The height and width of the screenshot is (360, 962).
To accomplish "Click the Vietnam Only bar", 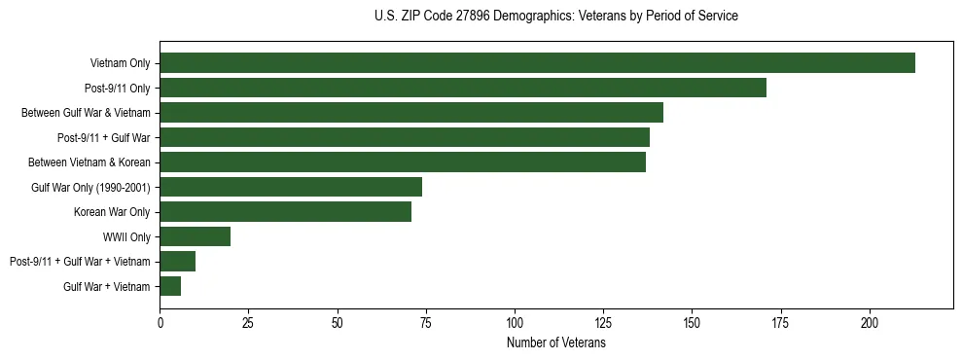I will click(537, 63).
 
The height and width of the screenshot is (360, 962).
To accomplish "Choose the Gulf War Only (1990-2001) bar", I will click(291, 187).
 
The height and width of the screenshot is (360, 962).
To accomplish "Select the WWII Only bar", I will click(196, 236).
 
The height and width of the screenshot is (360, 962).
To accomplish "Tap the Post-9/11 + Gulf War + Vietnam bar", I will click(178, 261).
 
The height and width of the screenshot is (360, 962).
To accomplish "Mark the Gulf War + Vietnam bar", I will click(170, 286).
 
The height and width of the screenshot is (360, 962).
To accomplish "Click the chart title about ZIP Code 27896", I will click(555, 17).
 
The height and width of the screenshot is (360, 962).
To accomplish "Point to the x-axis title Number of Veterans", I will click(556, 342).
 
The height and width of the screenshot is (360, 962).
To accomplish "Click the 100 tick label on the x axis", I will click(515, 321).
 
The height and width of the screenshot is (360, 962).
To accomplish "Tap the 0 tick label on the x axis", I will click(160, 321).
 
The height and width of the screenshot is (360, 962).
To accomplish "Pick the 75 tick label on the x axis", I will click(426, 321).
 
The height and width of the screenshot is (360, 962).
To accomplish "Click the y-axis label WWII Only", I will click(126, 236).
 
